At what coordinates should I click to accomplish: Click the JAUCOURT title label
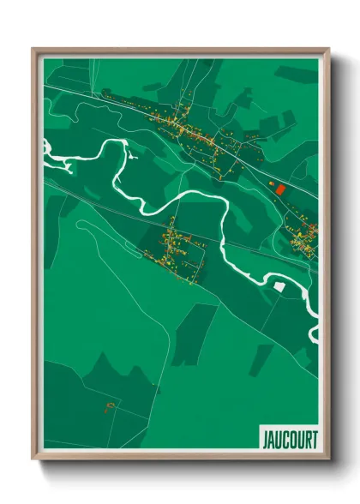coord(289,439)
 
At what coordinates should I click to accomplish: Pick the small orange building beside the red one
coord(269,183)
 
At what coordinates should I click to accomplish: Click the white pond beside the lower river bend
coord(279,284)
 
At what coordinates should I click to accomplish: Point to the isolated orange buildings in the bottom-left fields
coord(109,405)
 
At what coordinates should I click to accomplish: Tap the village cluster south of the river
coord(176,247)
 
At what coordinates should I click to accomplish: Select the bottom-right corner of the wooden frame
coord(328,459)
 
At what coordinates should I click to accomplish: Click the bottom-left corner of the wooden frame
coord(33,459)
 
